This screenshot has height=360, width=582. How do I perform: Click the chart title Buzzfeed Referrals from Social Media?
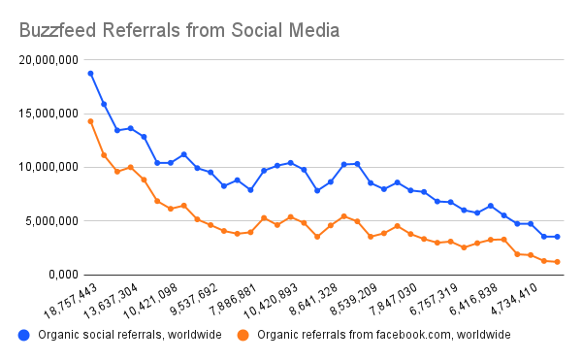click(x=179, y=30)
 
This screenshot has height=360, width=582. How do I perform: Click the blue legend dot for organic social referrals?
click(x=23, y=335)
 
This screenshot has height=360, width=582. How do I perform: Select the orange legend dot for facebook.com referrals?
click(x=244, y=335)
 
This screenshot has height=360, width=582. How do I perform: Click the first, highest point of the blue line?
click(x=90, y=73)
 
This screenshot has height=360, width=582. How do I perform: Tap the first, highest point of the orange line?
click(x=90, y=121)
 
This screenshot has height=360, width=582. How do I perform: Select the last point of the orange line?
click(x=558, y=262)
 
